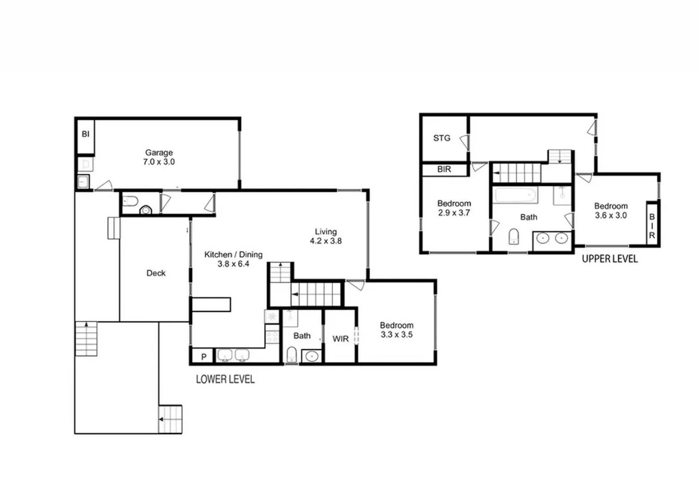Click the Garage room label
pos(159,152)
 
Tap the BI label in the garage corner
pos(85,134)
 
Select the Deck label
pos(156,273)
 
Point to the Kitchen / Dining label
pos(233,255)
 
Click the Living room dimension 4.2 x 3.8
pos(326,241)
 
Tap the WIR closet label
pos(340,339)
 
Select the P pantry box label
pos(204,356)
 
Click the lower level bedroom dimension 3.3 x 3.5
pos(396,335)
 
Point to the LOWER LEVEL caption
pos(225,379)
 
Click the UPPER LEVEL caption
pos(610,259)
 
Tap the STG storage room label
pos(441,138)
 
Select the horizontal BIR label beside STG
pos(444,169)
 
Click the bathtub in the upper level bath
pos(516,194)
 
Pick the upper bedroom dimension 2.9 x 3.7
pos(454,213)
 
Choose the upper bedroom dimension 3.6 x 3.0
pos(611,216)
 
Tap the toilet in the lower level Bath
pos(291,355)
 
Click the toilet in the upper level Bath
pos(513,236)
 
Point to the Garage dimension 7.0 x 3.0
pos(159,162)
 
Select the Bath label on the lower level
pos(302,336)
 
